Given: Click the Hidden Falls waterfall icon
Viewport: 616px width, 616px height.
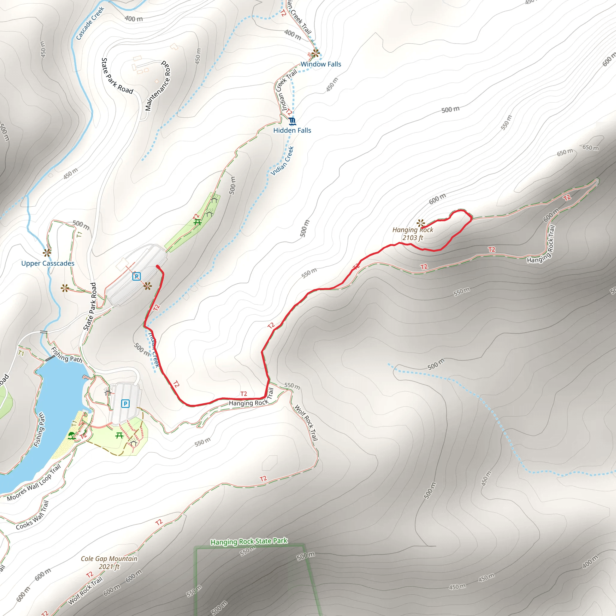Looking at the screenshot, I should [x=292, y=121].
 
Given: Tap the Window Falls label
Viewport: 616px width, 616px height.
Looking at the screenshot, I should [x=321, y=64].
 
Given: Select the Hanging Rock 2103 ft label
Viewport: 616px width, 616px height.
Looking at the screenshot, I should [x=413, y=234].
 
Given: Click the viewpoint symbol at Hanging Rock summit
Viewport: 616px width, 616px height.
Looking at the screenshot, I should [x=421, y=223].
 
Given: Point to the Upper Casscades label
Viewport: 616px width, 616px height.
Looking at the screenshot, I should [x=48, y=263].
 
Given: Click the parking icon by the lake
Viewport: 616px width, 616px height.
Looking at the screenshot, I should [x=125, y=404].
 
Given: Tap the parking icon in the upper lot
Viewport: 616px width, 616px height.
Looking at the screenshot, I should [x=137, y=276].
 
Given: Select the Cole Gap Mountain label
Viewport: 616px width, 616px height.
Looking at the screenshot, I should [x=109, y=563].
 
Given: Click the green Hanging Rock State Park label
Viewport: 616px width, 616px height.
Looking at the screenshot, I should [x=249, y=541].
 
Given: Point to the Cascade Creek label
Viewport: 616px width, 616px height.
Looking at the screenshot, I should [x=90, y=23].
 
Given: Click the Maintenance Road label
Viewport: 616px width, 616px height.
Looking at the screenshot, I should [x=158, y=85].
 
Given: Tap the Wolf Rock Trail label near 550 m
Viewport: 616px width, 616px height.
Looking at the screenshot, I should [x=306, y=423].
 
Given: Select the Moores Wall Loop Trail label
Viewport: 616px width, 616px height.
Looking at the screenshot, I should [x=34, y=483].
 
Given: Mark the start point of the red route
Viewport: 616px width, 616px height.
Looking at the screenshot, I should [x=158, y=266].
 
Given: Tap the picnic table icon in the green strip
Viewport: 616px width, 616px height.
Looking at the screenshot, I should [x=197, y=222].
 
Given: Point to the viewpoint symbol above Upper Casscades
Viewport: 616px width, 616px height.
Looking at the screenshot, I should [x=47, y=253].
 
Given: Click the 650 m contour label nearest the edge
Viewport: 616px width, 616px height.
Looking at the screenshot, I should [x=590, y=148].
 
